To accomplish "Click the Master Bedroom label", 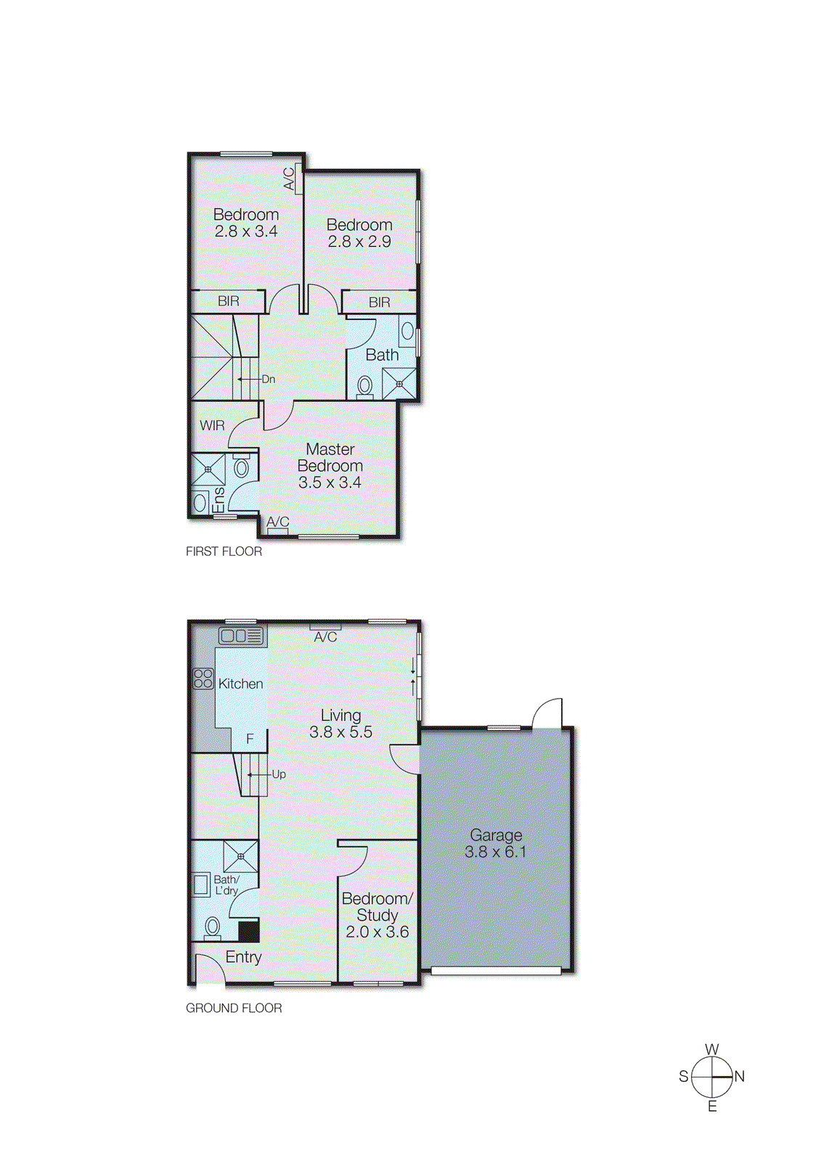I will tap(330, 465).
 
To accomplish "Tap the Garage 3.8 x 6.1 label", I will tap(496, 843).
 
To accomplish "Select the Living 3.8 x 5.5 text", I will tap(340, 723).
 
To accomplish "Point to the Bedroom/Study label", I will tap(377, 914).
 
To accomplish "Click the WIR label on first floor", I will tap(212, 425).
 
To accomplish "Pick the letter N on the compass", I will tap(740, 1076).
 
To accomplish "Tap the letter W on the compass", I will tap(712, 1049).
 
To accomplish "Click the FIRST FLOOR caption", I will tap(224, 551).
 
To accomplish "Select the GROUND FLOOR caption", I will tap(234, 1008).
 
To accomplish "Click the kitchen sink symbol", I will tap(241, 636).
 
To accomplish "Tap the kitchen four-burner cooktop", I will tap(203, 678).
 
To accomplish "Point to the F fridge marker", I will tap(250, 739).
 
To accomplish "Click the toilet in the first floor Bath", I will tap(365, 386).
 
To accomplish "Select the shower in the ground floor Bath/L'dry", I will tap(240, 856).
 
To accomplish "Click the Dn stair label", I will tap(268, 379).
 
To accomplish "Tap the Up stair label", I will tap(279, 774).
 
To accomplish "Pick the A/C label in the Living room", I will tap(325, 636).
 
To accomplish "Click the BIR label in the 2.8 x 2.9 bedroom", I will tap(379, 302).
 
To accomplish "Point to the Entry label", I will tap(243, 957).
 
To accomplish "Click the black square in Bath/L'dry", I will tap(249, 931).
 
